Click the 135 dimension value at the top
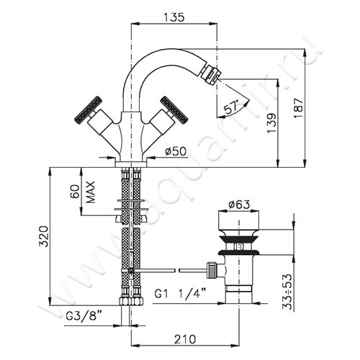174,17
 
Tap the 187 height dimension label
299,107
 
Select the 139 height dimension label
271,123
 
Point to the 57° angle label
231,107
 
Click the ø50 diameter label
176,151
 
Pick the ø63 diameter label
239,204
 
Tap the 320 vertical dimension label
44,236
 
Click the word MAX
91,192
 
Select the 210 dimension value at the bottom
185,339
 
